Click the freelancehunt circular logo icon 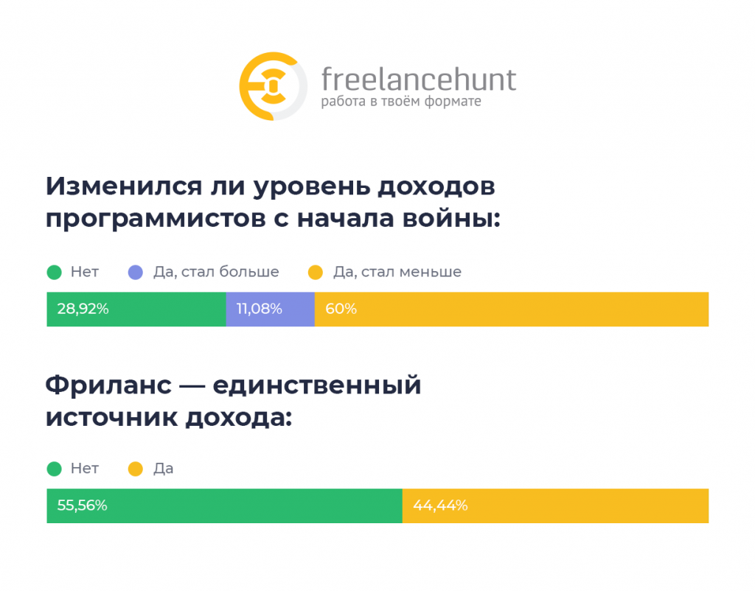pos(273,86)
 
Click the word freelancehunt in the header pos(419,79)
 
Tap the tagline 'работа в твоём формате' pos(401,101)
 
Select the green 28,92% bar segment pos(136,309)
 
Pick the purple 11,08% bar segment pos(270,309)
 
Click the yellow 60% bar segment pos(512,309)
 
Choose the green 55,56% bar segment pos(224,506)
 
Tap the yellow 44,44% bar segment pos(556,506)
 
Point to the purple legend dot pos(136,273)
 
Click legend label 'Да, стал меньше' pos(397,273)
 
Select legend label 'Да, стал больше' pos(216,273)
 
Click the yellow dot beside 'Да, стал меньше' pos(316,273)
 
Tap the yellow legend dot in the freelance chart pos(136,469)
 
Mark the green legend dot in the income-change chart pos(55,273)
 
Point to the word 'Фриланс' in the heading pos(109,385)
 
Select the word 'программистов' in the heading pos(156,220)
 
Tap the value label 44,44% pos(440,506)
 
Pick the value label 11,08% pos(259,309)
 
